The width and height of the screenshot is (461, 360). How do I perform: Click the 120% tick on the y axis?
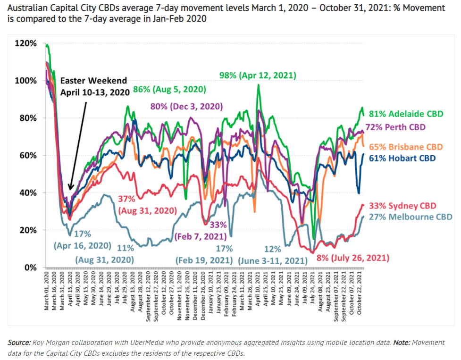tap(25, 43)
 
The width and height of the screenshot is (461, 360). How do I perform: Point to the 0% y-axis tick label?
tap(29, 268)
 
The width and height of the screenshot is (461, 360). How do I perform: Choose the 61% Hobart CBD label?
tap(402, 158)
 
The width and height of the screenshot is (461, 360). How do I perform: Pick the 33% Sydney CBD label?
tap(402, 206)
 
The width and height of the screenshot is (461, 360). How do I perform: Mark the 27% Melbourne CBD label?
tap(410, 217)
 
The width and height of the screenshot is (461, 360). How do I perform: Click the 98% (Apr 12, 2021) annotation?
tap(258, 75)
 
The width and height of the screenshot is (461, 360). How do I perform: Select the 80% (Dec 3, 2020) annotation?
tap(186, 106)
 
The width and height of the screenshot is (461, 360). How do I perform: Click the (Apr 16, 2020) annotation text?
tap(82, 245)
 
